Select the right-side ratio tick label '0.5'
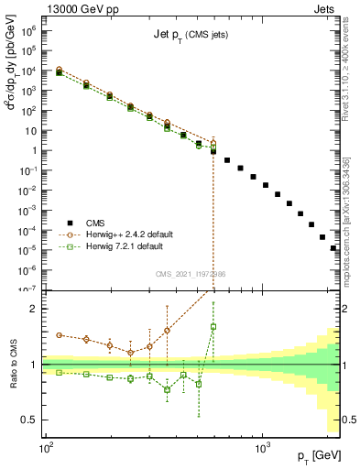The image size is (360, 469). point(348,420)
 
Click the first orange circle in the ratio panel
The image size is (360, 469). point(60,335)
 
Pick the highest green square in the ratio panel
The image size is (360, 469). point(213,326)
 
